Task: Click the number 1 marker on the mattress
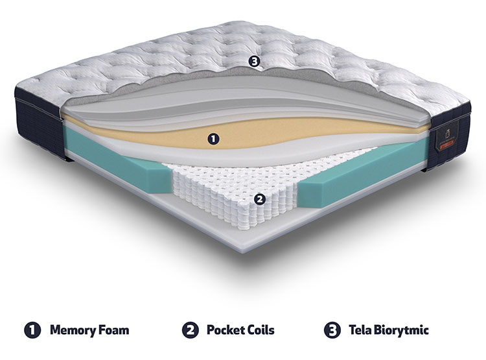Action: click(x=213, y=139)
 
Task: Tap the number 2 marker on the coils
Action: click(x=260, y=199)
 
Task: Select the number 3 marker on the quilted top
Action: click(x=254, y=62)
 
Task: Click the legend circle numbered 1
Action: click(x=32, y=330)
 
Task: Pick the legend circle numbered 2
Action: click(x=191, y=330)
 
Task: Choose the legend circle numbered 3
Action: click(x=332, y=330)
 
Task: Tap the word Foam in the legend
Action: click(x=114, y=330)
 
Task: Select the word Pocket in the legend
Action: click(x=226, y=330)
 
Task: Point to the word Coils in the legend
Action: click(x=261, y=330)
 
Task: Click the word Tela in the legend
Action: click(x=360, y=330)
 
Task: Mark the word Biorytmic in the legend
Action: click(x=401, y=330)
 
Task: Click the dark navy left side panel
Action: click(x=40, y=124)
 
